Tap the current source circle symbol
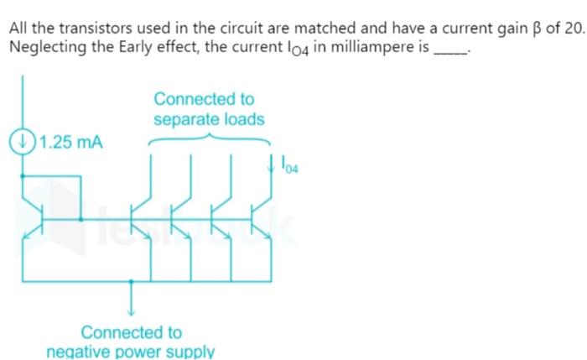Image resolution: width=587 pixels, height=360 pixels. (22, 139)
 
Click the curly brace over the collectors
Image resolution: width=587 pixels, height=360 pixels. (209, 138)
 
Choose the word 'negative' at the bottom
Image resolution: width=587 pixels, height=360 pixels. (81, 351)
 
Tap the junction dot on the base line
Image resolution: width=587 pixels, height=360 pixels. (81, 219)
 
